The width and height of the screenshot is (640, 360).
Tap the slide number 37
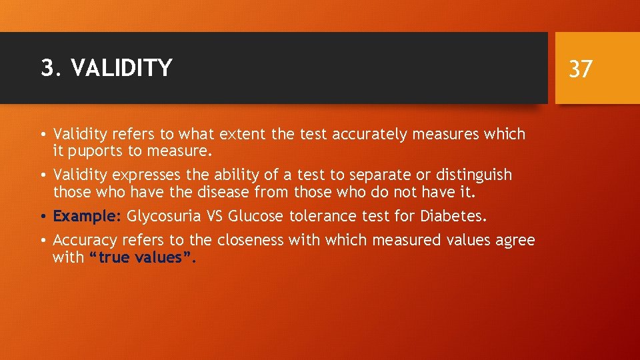580,68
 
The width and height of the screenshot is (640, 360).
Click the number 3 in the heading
46,68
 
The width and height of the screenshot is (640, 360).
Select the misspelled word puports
94,151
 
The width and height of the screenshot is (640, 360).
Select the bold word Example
85,217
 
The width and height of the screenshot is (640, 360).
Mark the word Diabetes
455,217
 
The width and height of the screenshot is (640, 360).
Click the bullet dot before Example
44,217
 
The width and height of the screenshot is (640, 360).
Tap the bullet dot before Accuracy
44,241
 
